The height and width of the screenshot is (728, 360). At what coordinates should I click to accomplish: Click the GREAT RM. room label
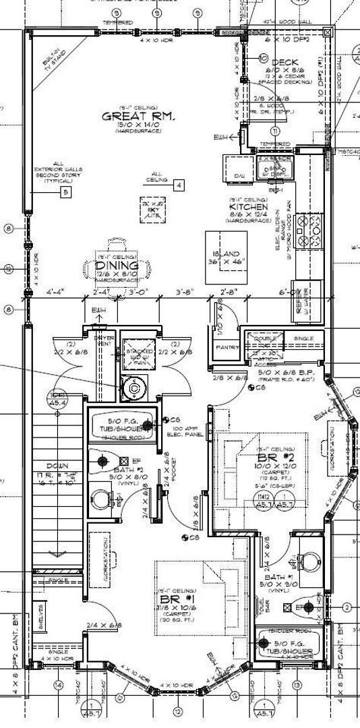coord(138,116)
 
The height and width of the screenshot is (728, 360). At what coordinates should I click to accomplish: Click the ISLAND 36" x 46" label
coord(224,257)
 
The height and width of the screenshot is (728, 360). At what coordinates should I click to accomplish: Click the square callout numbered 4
coord(178,184)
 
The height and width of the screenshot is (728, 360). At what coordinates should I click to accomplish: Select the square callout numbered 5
coord(65,193)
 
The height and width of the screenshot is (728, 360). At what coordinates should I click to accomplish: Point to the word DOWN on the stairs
coord(56,466)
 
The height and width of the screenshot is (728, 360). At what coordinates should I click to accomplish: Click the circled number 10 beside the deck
coord(264,58)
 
